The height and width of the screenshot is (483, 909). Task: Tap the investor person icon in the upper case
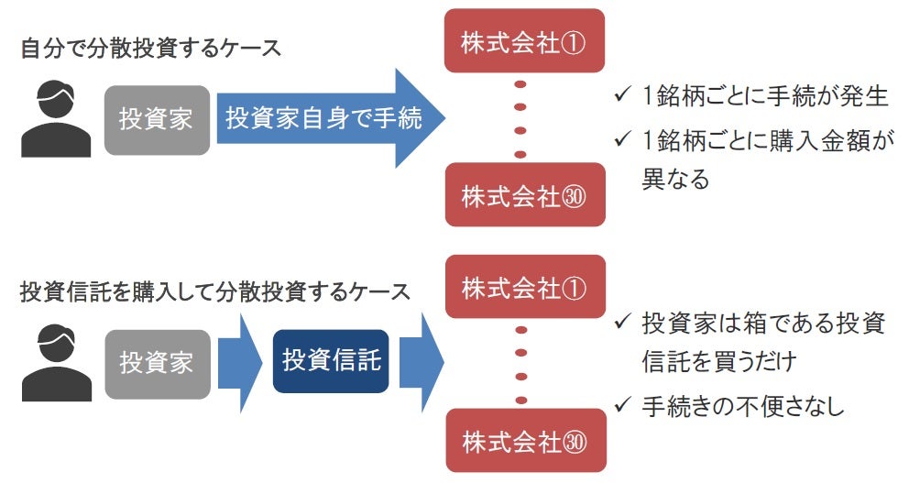pyautogui.click(x=55, y=119)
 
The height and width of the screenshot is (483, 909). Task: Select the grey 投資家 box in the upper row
pyautogui.click(x=156, y=119)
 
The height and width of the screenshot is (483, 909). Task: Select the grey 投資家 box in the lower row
pyautogui.click(x=156, y=363)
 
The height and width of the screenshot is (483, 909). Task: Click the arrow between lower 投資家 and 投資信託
pyautogui.click(x=240, y=362)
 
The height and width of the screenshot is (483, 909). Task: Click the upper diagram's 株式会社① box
pyautogui.click(x=523, y=41)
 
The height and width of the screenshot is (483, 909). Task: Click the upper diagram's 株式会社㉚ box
pyautogui.click(x=523, y=194)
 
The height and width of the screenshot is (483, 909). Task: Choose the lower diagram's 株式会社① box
pyautogui.click(x=523, y=288)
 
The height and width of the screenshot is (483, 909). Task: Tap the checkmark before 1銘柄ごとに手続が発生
pyautogui.click(x=623, y=95)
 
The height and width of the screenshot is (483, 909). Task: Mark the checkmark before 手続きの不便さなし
pyautogui.click(x=623, y=404)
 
